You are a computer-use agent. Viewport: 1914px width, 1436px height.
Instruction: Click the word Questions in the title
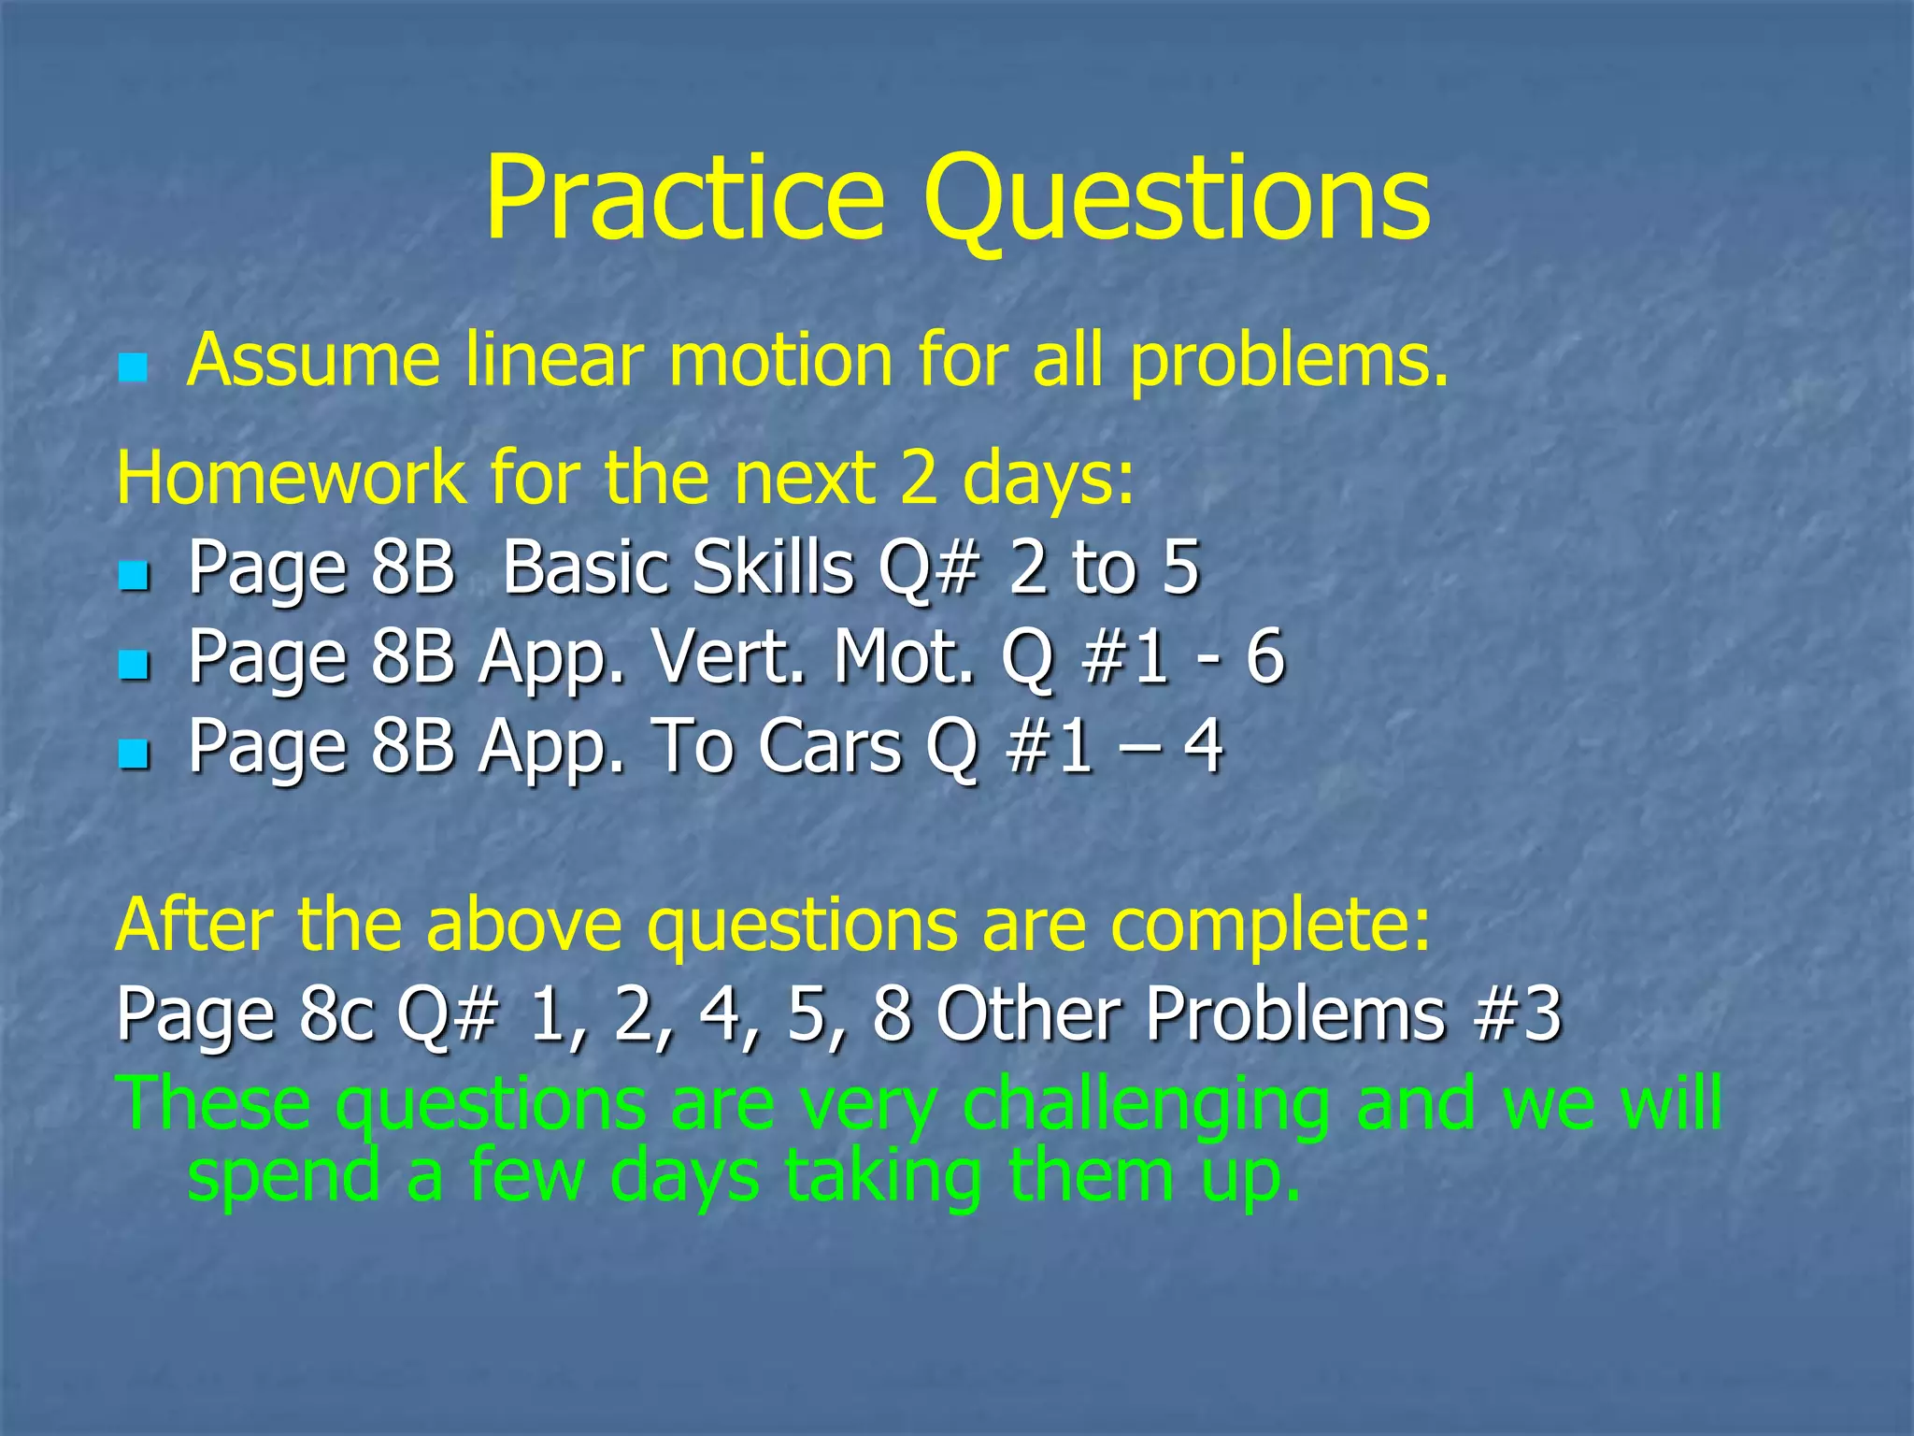[x=1177, y=199]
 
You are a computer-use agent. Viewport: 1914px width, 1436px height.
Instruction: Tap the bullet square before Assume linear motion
[x=133, y=367]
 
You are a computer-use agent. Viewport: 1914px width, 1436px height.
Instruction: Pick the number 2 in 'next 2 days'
[x=918, y=478]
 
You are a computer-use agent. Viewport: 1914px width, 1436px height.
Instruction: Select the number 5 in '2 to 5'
[x=1180, y=567]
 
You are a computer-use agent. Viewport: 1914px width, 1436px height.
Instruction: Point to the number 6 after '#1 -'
[x=1265, y=657]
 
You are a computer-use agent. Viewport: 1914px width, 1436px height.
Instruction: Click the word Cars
[x=829, y=747]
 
